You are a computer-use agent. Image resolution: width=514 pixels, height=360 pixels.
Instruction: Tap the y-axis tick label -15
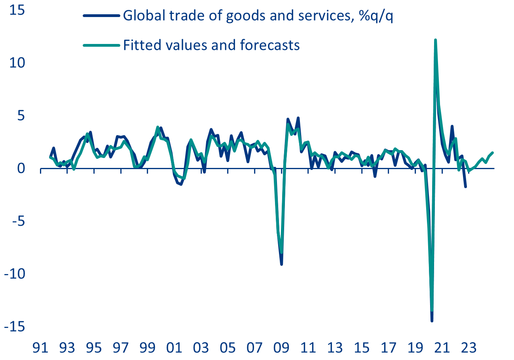pyautogui.click(x=14, y=326)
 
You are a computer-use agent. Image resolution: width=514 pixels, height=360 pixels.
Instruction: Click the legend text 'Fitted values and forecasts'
pyautogui.click(x=211, y=45)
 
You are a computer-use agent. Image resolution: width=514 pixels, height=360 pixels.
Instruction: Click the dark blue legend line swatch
pyautogui.click(x=101, y=16)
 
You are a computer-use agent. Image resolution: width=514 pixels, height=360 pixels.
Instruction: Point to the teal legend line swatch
pyautogui.click(x=101, y=45)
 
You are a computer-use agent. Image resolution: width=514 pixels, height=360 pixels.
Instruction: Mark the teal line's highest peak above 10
pyautogui.click(x=435, y=40)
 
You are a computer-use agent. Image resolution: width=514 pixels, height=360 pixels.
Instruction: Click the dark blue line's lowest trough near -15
pyautogui.click(x=432, y=321)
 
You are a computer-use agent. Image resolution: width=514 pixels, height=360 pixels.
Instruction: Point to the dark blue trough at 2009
pyautogui.click(x=281, y=264)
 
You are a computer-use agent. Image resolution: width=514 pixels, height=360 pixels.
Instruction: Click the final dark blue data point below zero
pyautogui.click(x=466, y=187)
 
